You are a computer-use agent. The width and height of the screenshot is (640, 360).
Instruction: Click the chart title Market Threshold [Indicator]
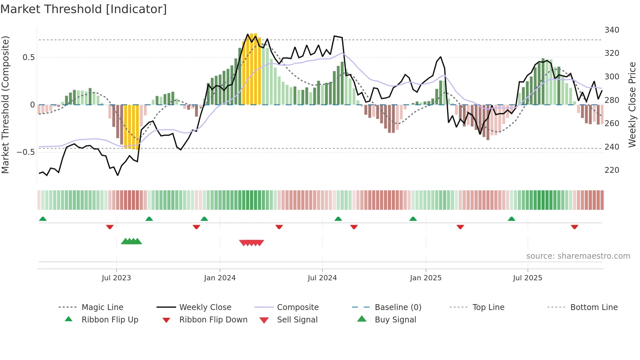pos(84,9)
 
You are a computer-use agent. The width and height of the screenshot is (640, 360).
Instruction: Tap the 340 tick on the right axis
pos(612,30)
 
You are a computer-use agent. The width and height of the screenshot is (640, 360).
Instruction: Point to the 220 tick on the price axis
pos(612,170)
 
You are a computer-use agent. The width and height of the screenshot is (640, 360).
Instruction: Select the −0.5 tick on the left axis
pos(26,152)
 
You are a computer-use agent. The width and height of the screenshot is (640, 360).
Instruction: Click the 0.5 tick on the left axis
pos(28,57)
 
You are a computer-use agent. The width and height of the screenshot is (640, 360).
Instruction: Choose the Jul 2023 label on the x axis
pos(116,278)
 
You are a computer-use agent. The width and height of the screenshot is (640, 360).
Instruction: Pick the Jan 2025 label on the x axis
pos(425,278)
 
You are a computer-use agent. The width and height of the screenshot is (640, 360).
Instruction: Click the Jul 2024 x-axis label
pos(322,278)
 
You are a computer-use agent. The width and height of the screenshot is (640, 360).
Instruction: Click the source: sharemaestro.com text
pos(578,256)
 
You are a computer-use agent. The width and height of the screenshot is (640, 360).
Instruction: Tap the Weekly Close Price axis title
pos(632,105)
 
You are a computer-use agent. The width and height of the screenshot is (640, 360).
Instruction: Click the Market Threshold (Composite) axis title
pos(5,105)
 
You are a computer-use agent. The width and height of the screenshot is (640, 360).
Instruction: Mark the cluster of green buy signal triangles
pos(131,242)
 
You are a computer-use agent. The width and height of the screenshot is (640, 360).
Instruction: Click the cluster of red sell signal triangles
pos(251,243)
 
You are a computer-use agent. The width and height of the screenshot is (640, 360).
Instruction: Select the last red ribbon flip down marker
pos(574,227)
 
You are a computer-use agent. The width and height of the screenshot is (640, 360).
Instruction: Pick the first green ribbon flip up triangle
pos(43,219)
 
